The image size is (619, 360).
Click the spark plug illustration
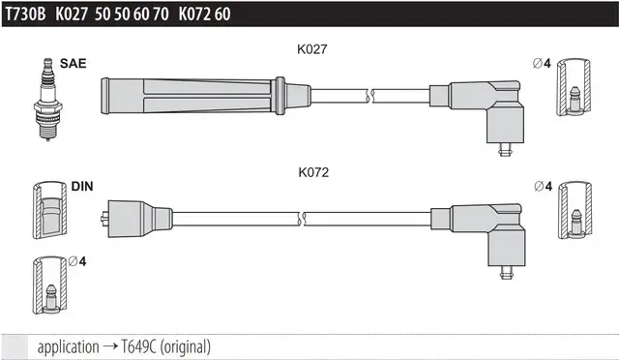pyautogui.click(x=47, y=99)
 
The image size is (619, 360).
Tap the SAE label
pyautogui.click(x=74, y=64)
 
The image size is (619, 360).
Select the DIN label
pyautogui.click(x=82, y=186)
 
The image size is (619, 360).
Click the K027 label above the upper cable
pyautogui.click(x=311, y=49)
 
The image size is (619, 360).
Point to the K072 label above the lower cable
pyautogui.click(x=313, y=172)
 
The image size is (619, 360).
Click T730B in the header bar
pyautogui.click(x=26, y=15)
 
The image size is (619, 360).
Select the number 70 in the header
pyautogui.click(x=161, y=15)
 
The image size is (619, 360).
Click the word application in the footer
pyautogui.click(x=69, y=347)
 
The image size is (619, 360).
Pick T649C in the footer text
pyautogui.click(x=138, y=347)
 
